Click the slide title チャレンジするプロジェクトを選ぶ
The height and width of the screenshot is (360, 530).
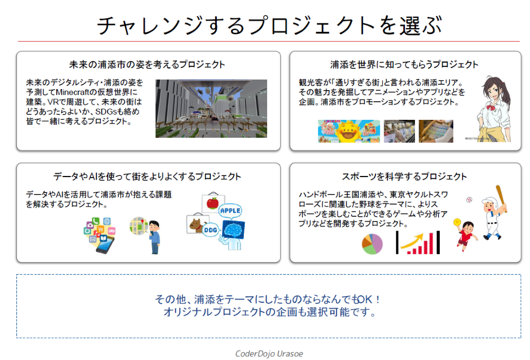click(269, 25)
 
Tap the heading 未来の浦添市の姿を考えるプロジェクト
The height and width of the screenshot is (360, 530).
click(147, 65)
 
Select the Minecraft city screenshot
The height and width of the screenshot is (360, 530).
click(211, 109)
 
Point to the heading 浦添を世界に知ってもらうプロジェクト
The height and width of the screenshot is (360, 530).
click(404, 65)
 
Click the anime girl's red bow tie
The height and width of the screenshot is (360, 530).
click(491, 108)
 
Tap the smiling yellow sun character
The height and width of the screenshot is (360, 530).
click(349, 132)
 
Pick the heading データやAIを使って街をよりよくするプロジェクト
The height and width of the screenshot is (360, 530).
click(147, 177)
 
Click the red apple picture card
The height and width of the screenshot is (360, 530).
click(213, 203)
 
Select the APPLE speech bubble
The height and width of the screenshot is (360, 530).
click(230, 210)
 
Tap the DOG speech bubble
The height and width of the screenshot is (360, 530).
click(210, 230)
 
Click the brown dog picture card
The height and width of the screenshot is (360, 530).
click(197, 223)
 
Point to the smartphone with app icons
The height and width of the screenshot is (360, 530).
click(100, 235)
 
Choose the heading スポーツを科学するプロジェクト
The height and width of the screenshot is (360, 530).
click(404, 177)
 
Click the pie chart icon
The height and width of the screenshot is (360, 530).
click(372, 244)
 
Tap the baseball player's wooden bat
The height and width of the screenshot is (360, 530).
click(501, 198)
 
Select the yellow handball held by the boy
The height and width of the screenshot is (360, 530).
click(457, 222)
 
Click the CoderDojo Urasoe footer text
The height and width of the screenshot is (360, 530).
click(269, 354)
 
